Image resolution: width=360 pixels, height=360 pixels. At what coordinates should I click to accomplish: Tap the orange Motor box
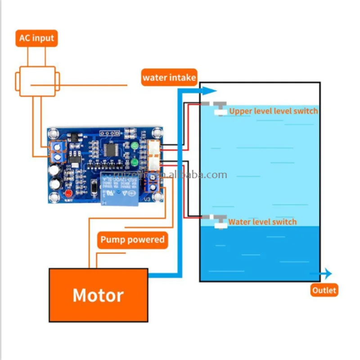tap(98, 295)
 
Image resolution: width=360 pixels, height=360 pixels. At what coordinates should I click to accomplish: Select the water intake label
tap(169, 77)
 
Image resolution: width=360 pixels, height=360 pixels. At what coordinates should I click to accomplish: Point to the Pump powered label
tap(132, 239)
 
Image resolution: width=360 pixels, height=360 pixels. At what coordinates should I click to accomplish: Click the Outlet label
tap(324, 290)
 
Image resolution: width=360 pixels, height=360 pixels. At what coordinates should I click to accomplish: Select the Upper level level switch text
tap(273, 111)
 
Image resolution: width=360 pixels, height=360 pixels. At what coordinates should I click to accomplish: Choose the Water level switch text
tap(262, 221)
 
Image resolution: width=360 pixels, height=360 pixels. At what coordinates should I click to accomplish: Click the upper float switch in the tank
tap(220, 108)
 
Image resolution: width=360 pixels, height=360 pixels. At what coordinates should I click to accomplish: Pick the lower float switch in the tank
tap(220, 220)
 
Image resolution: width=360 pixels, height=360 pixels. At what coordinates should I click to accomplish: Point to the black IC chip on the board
tap(110, 150)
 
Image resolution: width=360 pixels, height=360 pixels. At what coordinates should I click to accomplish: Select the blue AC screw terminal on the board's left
tap(57, 152)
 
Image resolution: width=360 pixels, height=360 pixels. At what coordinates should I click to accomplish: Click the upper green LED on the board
tap(134, 146)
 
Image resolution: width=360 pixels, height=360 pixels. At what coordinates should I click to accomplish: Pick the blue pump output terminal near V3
tap(153, 184)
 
